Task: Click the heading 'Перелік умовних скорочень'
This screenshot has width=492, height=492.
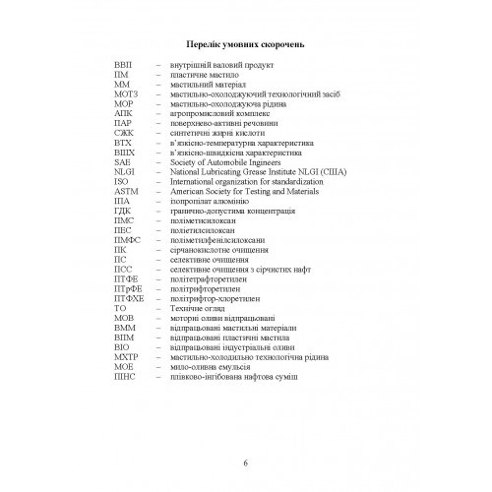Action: pos(245,45)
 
